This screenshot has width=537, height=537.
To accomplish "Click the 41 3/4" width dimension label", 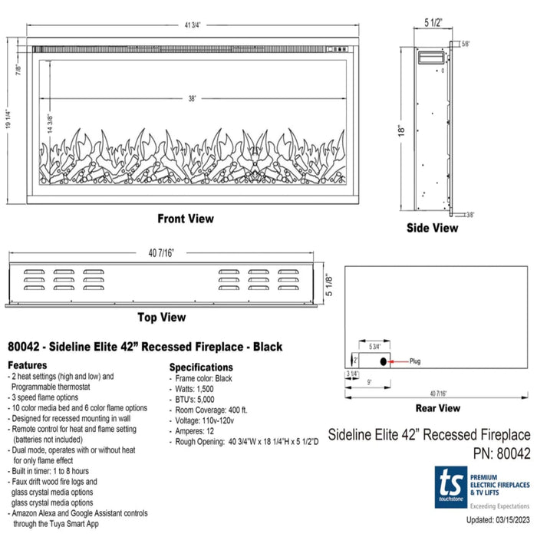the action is point(193,25).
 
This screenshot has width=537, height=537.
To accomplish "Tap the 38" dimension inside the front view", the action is point(192,99).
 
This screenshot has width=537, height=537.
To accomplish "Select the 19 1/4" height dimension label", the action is point(8,119).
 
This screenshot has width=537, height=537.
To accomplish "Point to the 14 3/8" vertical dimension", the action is point(50,124).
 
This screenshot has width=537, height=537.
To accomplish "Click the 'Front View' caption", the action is point(186,219).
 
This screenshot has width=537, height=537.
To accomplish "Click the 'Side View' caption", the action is point(432,228).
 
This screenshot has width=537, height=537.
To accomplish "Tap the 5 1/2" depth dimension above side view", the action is point(433,22).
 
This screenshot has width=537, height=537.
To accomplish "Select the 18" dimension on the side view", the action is point(401,130).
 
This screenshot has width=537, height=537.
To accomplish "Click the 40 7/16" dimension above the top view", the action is point(161,253).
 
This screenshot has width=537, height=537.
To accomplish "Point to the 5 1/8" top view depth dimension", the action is point(329,285).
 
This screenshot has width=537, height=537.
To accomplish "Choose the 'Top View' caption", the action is point(162,317).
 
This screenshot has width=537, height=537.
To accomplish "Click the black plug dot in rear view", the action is point(384,361).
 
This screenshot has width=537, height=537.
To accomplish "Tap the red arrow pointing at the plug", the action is point(398,361).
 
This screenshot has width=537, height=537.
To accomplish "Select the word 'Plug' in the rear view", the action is point(415,361).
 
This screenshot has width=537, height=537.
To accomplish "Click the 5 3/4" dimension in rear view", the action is point(374,347).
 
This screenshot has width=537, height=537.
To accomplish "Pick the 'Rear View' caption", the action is point(438,408).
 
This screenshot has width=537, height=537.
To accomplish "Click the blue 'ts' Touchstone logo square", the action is point(451,487).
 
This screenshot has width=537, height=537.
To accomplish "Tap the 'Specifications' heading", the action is point(201,367).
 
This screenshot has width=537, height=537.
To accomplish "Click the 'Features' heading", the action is point(28,364).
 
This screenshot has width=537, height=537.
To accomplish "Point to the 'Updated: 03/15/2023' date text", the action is point(498,519).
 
